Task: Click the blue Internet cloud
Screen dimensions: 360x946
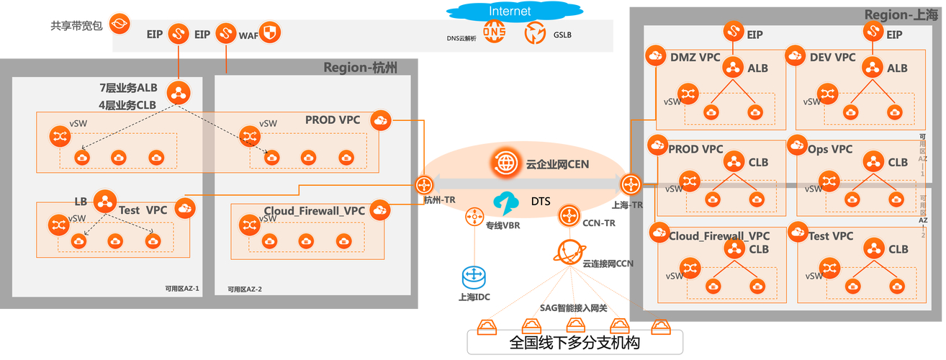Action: (510, 11)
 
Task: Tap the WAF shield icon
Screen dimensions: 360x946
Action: (269, 32)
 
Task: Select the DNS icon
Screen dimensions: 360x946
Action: (495, 32)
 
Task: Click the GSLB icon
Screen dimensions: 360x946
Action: (536, 32)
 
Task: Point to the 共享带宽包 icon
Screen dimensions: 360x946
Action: (119, 24)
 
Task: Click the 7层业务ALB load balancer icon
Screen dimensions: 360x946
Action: (177, 93)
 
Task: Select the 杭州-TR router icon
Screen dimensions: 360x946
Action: (424, 184)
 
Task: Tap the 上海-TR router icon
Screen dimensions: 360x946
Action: (631, 184)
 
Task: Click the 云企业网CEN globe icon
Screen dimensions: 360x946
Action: (505, 163)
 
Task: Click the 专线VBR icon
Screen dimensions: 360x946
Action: (474, 215)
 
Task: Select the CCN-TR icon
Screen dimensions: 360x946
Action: (569, 215)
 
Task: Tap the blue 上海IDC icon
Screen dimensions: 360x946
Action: (474, 275)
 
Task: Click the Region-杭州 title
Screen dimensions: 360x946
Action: (361, 68)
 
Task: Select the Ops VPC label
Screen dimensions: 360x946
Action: (830, 149)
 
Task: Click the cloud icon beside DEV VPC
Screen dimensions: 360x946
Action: (796, 55)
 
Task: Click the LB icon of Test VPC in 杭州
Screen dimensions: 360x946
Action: (105, 200)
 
